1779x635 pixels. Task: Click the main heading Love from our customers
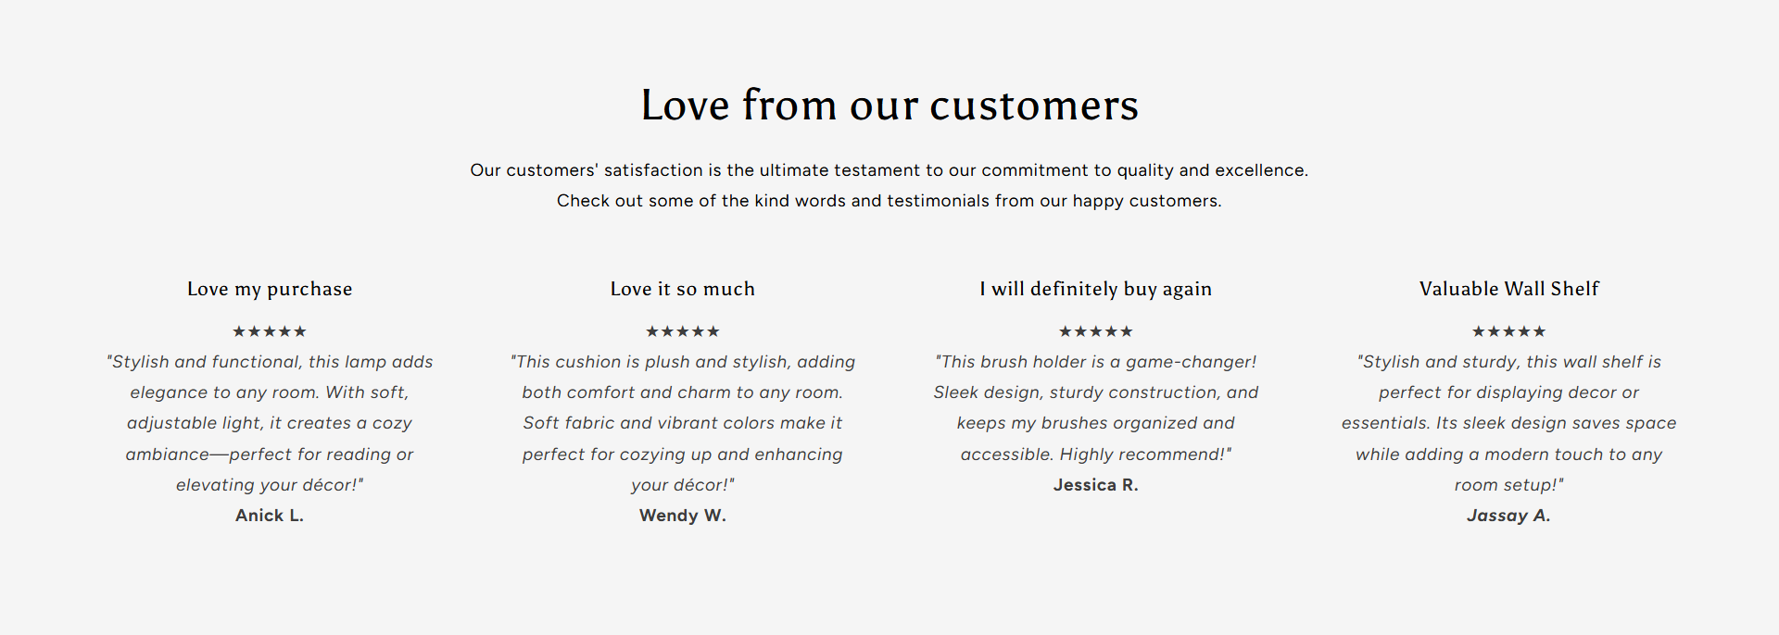pos(889,105)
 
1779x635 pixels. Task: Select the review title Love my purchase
pos(270,289)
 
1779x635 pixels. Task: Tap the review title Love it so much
pos(683,289)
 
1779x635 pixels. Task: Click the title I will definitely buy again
pos(1096,289)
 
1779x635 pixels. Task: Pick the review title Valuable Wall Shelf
pos(1509,289)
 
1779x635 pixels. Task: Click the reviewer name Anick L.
pos(270,516)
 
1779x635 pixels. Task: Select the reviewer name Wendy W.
pos(683,516)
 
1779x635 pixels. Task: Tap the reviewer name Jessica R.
pos(1096,485)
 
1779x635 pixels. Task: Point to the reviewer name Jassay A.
pos(1508,516)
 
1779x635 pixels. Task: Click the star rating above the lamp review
pos(270,331)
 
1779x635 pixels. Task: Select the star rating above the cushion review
pos(683,331)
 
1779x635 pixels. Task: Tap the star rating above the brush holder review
pos(1096,331)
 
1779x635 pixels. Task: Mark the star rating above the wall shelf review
pos(1509,331)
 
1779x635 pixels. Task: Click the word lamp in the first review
pos(366,362)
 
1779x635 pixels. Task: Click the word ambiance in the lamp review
pos(168,454)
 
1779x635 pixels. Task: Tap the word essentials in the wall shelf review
pos(1385,423)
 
